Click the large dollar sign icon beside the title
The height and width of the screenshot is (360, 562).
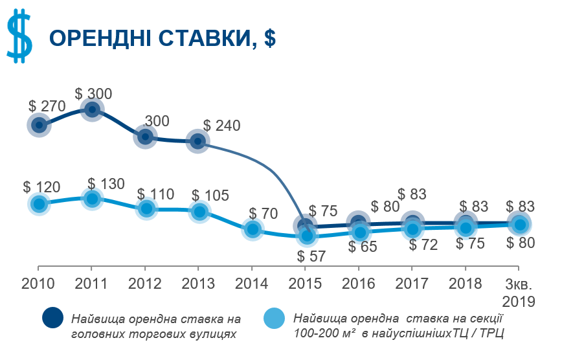(19, 37)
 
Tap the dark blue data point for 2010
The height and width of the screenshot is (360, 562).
(39, 124)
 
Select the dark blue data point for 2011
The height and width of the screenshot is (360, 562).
(92, 109)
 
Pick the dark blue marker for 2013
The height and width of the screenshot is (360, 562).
(198, 141)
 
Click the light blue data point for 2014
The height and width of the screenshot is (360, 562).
(253, 229)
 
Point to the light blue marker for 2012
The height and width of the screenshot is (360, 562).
(146, 208)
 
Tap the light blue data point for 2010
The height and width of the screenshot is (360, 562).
(39, 205)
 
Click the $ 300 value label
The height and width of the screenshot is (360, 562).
(93, 94)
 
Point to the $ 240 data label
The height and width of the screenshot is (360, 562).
(221, 126)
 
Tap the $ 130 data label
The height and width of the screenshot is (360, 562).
(106, 184)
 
